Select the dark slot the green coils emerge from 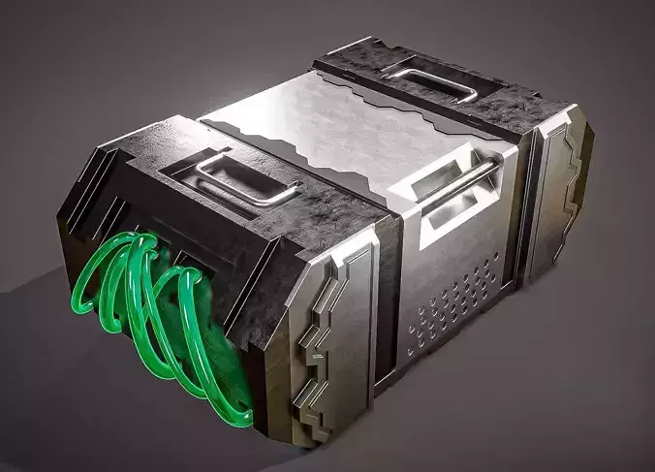194,257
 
